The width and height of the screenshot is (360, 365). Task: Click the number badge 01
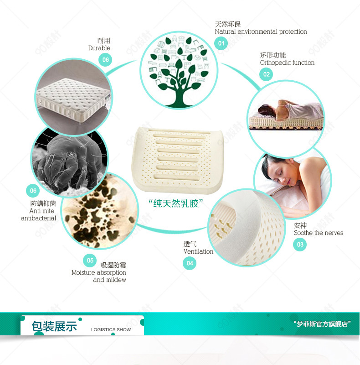pyautogui.click(x=221, y=43)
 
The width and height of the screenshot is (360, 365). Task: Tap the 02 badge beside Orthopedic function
pyautogui.click(x=266, y=74)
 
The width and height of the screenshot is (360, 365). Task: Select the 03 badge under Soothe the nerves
pyautogui.click(x=300, y=245)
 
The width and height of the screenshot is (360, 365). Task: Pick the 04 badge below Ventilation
pyautogui.click(x=190, y=263)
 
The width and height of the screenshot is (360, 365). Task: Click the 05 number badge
pyautogui.click(x=90, y=260)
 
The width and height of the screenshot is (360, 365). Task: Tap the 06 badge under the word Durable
pyautogui.click(x=105, y=60)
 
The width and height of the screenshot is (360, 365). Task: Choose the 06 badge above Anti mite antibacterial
pyautogui.click(x=33, y=190)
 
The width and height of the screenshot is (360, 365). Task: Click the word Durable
pyautogui.click(x=99, y=48)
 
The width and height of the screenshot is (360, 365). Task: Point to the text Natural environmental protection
pyautogui.click(x=261, y=31)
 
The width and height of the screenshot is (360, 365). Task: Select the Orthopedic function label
pyautogui.click(x=287, y=63)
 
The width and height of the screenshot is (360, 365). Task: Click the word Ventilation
pyautogui.click(x=198, y=251)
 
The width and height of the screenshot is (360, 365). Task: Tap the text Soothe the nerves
pyautogui.click(x=319, y=233)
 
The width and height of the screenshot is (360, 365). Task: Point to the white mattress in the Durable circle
pyautogui.click(x=74, y=99)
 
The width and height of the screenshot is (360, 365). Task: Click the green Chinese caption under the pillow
pyautogui.click(x=176, y=203)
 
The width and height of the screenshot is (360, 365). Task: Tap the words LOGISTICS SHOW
pyautogui.click(x=111, y=329)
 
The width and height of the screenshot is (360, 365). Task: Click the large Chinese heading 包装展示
pyautogui.click(x=54, y=326)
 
